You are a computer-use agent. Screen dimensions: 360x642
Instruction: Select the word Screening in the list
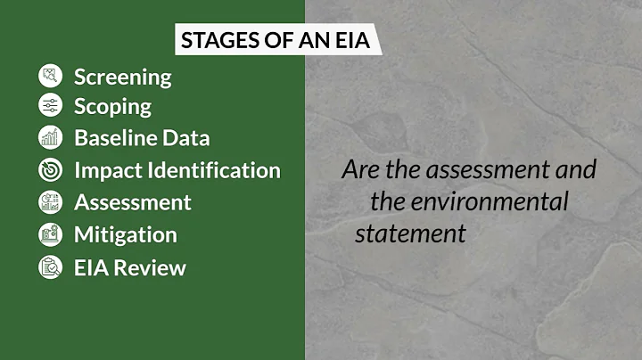point(123,77)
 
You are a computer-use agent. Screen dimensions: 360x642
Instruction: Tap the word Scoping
point(112,107)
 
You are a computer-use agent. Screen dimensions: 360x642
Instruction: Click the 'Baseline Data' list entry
point(142,138)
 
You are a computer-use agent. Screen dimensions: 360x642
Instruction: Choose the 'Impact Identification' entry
point(177,169)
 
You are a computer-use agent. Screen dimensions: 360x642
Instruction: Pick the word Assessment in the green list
point(132,201)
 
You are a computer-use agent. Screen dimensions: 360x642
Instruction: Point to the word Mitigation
point(125,234)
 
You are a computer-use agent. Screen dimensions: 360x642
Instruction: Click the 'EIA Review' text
point(130,266)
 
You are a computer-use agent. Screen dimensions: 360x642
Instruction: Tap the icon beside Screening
point(50,76)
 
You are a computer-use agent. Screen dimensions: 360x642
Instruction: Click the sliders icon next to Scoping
point(50,106)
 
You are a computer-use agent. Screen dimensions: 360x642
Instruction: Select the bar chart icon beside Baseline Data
point(50,137)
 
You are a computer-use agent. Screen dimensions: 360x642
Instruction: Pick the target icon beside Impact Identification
point(50,169)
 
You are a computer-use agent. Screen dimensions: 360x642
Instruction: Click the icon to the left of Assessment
point(50,201)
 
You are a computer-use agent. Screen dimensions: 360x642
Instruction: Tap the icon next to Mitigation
point(50,234)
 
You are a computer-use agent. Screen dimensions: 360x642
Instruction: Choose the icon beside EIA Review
point(50,266)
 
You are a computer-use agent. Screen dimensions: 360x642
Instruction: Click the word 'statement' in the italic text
point(410,234)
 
